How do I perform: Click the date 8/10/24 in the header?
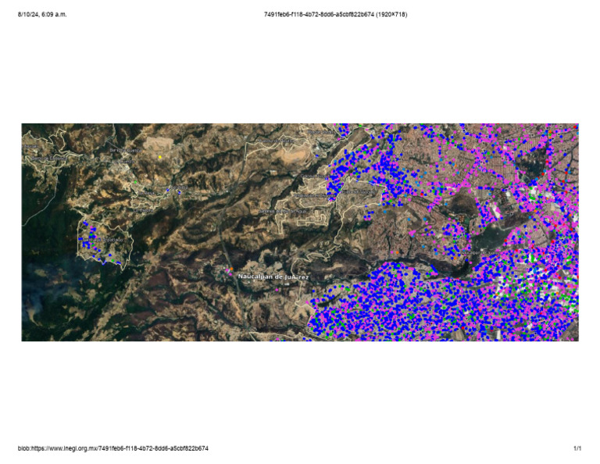click(28, 14)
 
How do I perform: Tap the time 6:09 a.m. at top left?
click(53, 14)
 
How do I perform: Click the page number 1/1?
click(577, 448)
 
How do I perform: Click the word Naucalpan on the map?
click(254, 276)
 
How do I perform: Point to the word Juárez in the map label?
click(297, 276)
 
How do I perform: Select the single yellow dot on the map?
click(159, 157)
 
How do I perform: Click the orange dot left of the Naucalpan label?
click(230, 270)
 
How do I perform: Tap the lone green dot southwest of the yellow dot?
click(134, 183)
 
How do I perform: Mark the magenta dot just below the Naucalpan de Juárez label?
click(278, 289)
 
